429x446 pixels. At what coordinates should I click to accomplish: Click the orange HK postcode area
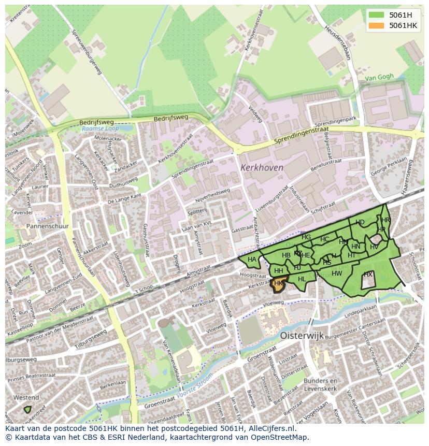(278, 284)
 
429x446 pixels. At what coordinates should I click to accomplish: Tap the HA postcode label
(252, 260)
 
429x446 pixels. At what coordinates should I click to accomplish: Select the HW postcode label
(337, 274)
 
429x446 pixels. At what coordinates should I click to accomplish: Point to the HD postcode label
(360, 222)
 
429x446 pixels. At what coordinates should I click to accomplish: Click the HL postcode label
(302, 279)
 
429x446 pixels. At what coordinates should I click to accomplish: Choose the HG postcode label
(306, 237)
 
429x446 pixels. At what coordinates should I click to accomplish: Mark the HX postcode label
(368, 274)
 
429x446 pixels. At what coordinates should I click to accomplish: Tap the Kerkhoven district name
(262, 168)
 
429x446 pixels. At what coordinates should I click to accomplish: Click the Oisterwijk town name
(302, 336)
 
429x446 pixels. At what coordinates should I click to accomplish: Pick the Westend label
(25, 398)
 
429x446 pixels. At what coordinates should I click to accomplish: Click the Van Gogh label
(379, 77)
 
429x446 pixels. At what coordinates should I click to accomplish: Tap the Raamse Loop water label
(100, 128)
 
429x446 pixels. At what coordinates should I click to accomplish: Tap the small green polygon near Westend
(27, 409)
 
